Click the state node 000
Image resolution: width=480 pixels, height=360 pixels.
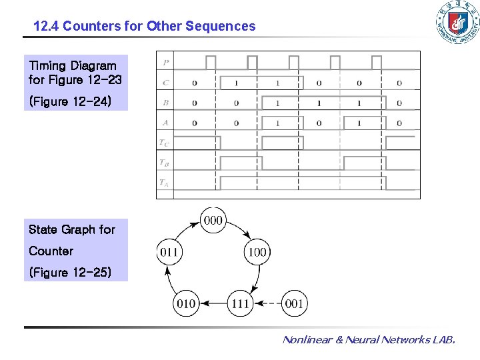[x=213, y=221]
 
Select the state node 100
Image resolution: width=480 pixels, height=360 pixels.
[x=257, y=252]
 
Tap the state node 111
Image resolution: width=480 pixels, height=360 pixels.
[x=240, y=303]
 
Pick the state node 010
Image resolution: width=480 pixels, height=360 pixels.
[x=185, y=303]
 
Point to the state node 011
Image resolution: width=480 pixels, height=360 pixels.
[x=168, y=252]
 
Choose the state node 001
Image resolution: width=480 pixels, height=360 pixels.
[x=294, y=303]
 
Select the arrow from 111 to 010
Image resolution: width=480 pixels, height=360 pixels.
[x=213, y=303]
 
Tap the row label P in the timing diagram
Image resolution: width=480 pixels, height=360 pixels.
[x=165, y=63]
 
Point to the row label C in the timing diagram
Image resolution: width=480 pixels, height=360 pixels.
[x=165, y=83]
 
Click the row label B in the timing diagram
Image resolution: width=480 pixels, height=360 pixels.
[x=165, y=103]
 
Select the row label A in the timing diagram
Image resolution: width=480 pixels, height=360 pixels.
[x=165, y=123]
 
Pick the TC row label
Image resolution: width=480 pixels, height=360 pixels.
[x=164, y=142]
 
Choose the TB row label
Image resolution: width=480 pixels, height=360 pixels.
[x=164, y=162]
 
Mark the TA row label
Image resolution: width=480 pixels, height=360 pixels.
[x=164, y=182]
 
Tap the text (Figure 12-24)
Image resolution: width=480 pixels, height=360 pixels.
[x=70, y=101]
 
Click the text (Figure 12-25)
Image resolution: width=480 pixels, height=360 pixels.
[x=70, y=272]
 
